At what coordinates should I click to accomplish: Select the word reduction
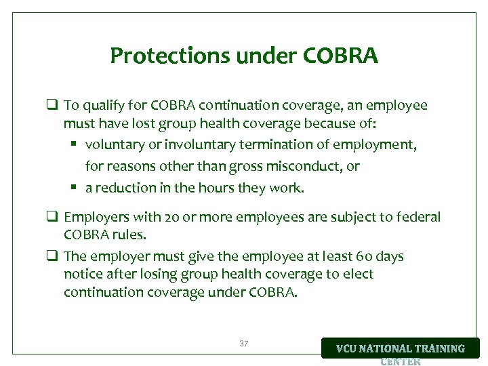[125, 188]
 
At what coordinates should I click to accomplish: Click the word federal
[420, 218]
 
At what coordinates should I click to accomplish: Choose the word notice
[82, 274]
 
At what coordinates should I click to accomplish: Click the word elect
[360, 274]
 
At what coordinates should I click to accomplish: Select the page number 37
[244, 344]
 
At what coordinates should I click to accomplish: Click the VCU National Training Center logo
[400, 349]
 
